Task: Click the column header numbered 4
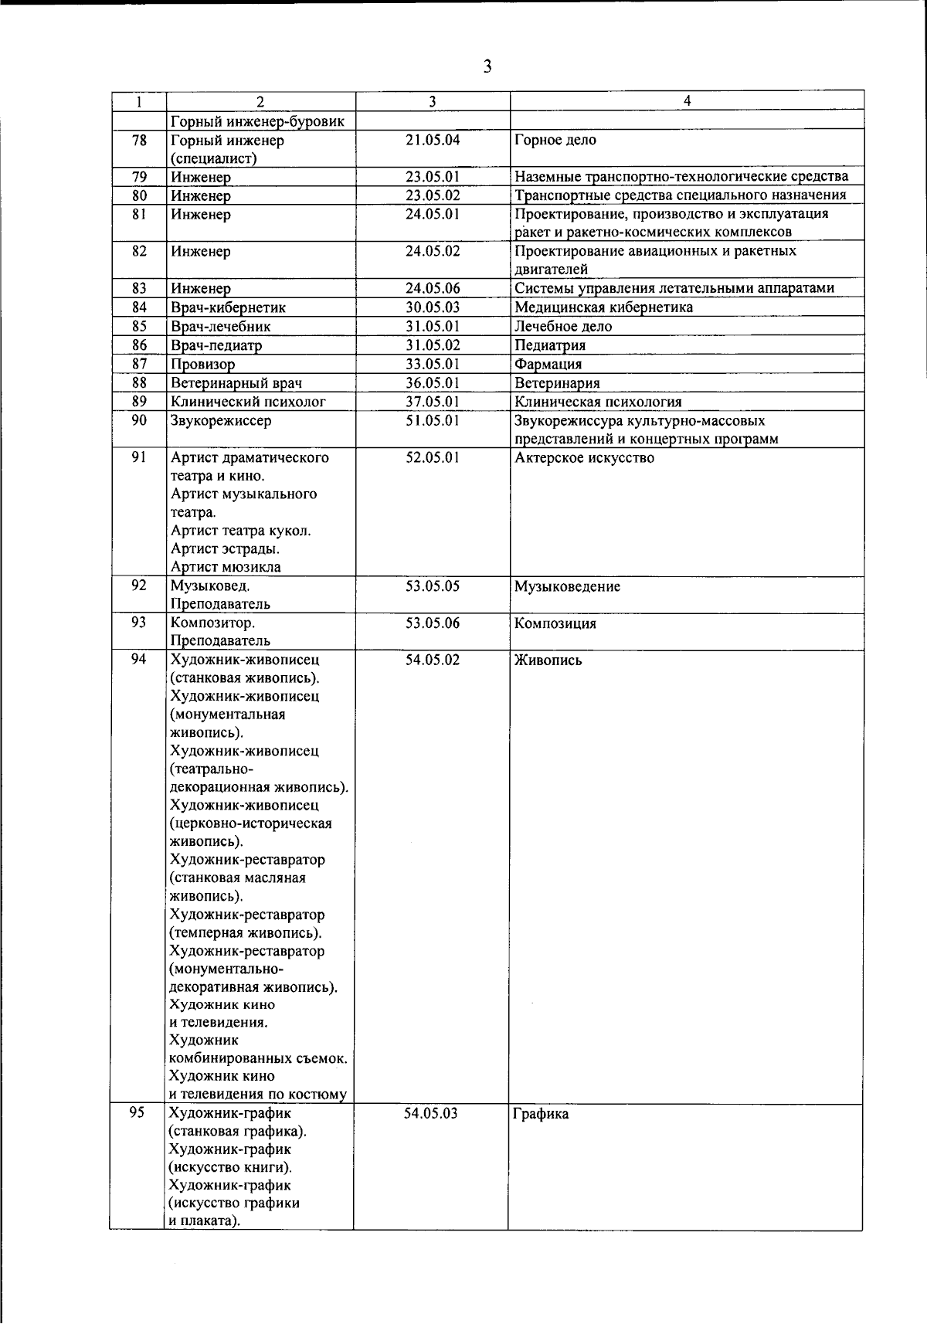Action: tap(687, 100)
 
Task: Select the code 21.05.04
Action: tap(433, 140)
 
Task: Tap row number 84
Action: tap(139, 307)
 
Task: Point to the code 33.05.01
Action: tap(433, 364)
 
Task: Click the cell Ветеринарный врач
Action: tap(236, 383)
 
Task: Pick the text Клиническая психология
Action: tap(598, 402)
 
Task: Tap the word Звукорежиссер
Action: tap(221, 421)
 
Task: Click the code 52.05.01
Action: tap(433, 457)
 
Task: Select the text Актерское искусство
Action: tap(585, 457)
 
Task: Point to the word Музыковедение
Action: tap(568, 586)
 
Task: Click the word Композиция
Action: tap(555, 623)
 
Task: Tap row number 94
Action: tap(139, 660)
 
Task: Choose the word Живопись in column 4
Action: tap(548, 660)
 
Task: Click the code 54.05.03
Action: tap(431, 1113)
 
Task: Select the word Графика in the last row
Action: tap(541, 1114)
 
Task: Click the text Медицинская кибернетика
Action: tap(604, 307)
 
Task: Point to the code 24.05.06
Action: tap(433, 288)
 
